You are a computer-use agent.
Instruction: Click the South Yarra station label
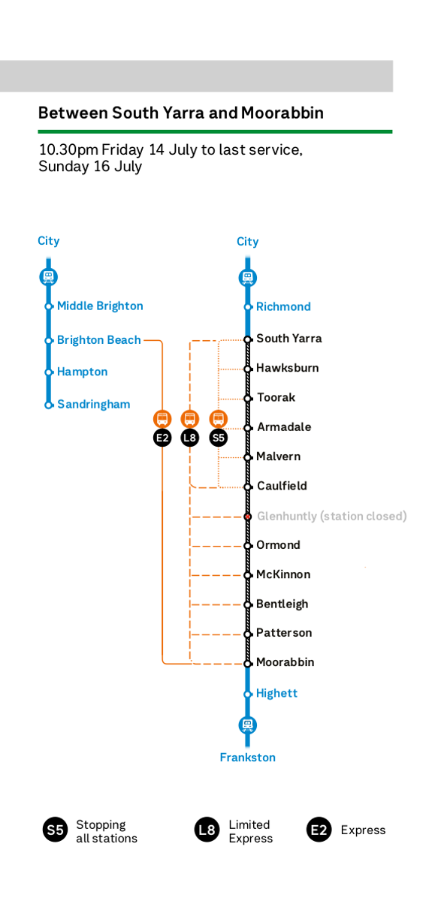pyautogui.click(x=289, y=339)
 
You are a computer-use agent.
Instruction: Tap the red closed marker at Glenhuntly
pyautogui.click(x=248, y=517)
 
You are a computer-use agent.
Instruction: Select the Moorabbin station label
pyautogui.click(x=285, y=662)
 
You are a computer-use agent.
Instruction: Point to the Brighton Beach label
pyautogui.click(x=99, y=340)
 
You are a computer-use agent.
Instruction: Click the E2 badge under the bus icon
pyautogui.click(x=162, y=438)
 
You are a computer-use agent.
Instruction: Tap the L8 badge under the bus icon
pyautogui.click(x=189, y=438)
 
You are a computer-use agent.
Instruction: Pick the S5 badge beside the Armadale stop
pyautogui.click(x=218, y=438)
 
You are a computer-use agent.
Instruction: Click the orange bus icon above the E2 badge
pyautogui.click(x=162, y=419)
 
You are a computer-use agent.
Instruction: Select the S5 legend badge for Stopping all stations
pyautogui.click(x=55, y=830)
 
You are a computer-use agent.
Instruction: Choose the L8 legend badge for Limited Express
pyautogui.click(x=207, y=830)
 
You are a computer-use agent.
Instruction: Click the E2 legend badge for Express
pyautogui.click(x=319, y=830)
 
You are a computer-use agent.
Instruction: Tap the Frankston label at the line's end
pyautogui.click(x=247, y=758)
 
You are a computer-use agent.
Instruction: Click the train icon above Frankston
pyautogui.click(x=247, y=725)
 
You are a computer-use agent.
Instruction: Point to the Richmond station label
pyautogui.click(x=283, y=307)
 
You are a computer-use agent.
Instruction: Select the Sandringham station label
pyautogui.click(x=93, y=404)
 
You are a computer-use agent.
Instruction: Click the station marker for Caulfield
pyautogui.click(x=248, y=487)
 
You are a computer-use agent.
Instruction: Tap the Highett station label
pyautogui.click(x=276, y=694)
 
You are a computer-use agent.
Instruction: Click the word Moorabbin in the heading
pyautogui.click(x=282, y=113)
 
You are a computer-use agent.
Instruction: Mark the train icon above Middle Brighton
pyautogui.click(x=48, y=277)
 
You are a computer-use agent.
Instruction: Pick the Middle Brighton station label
pyautogui.click(x=100, y=306)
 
